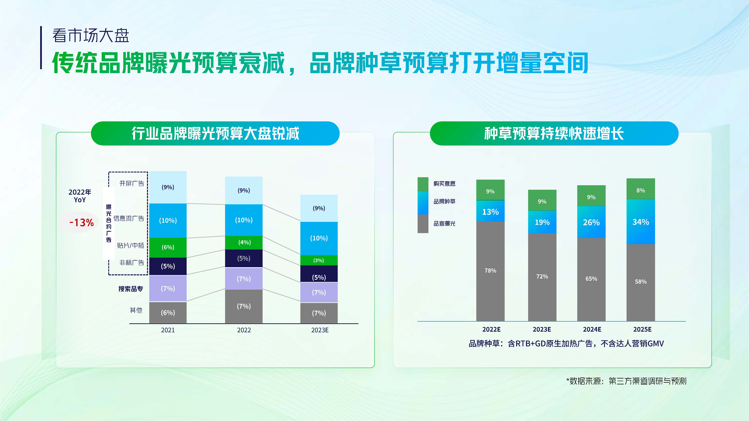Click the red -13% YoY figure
click(x=81, y=223)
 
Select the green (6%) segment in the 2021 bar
click(x=168, y=247)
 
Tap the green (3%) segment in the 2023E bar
click(x=319, y=260)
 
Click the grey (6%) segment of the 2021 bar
click(x=168, y=313)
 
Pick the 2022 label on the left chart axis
click(x=244, y=330)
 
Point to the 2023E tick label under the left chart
click(x=320, y=330)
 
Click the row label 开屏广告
click(x=131, y=183)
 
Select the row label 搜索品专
click(x=131, y=289)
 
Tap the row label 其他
click(x=136, y=310)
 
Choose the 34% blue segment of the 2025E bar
click(x=641, y=222)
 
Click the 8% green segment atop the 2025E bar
click(x=641, y=190)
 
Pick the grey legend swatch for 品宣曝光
click(x=423, y=224)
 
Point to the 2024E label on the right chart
click(x=592, y=329)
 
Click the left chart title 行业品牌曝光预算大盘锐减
click(x=215, y=133)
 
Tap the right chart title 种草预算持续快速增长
click(x=554, y=133)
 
